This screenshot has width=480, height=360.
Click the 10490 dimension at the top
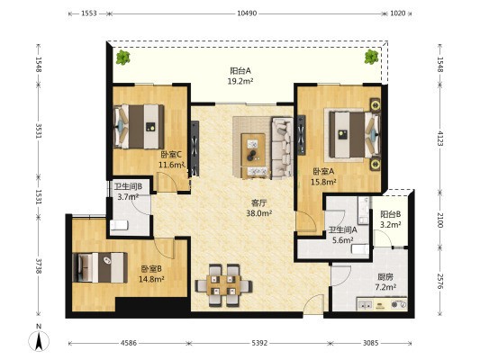click(x=247, y=13)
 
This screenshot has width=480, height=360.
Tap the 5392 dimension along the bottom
click(x=259, y=343)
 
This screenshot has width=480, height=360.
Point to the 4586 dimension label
click(x=129, y=343)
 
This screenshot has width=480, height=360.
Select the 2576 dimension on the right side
click(x=439, y=281)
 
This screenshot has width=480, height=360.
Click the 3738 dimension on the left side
click(x=38, y=266)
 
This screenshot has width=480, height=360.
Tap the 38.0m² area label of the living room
click(x=259, y=213)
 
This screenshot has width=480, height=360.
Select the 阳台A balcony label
click(x=240, y=71)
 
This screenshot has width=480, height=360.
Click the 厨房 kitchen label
click(x=385, y=277)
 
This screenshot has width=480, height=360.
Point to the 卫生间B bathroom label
click(x=128, y=186)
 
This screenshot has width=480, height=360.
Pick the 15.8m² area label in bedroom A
click(x=323, y=183)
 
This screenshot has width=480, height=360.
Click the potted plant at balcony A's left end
click(x=122, y=57)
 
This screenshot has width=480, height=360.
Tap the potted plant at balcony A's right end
click(x=371, y=57)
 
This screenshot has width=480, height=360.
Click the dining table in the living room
click(x=223, y=285)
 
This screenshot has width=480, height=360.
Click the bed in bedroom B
click(x=100, y=267)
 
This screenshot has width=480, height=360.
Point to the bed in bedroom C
click(x=139, y=127)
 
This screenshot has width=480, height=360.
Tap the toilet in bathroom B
click(x=119, y=225)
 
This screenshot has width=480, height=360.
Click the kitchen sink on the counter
click(x=365, y=304)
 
